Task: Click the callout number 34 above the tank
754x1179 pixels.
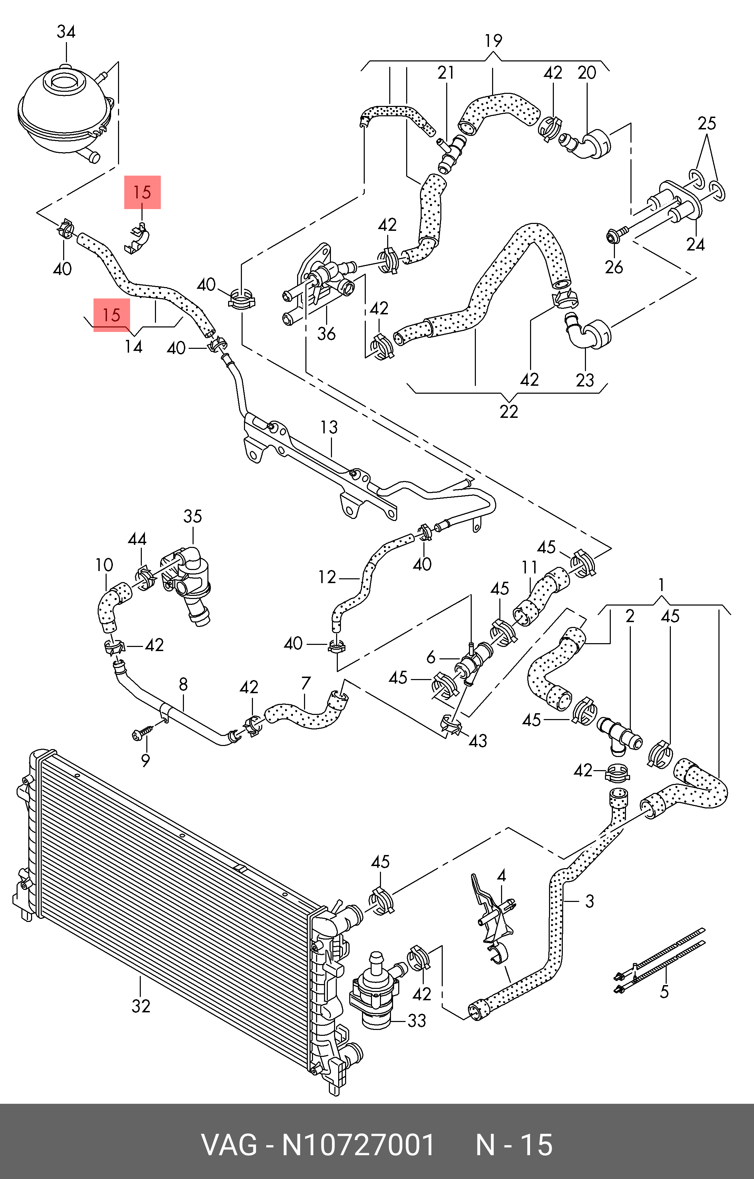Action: click(x=66, y=32)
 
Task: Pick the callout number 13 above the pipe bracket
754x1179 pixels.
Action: click(x=329, y=428)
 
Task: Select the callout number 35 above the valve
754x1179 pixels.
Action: click(x=193, y=516)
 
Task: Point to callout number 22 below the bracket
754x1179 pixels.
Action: click(x=509, y=411)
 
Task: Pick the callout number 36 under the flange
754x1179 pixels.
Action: click(x=326, y=334)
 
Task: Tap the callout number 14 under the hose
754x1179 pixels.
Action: click(x=133, y=347)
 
